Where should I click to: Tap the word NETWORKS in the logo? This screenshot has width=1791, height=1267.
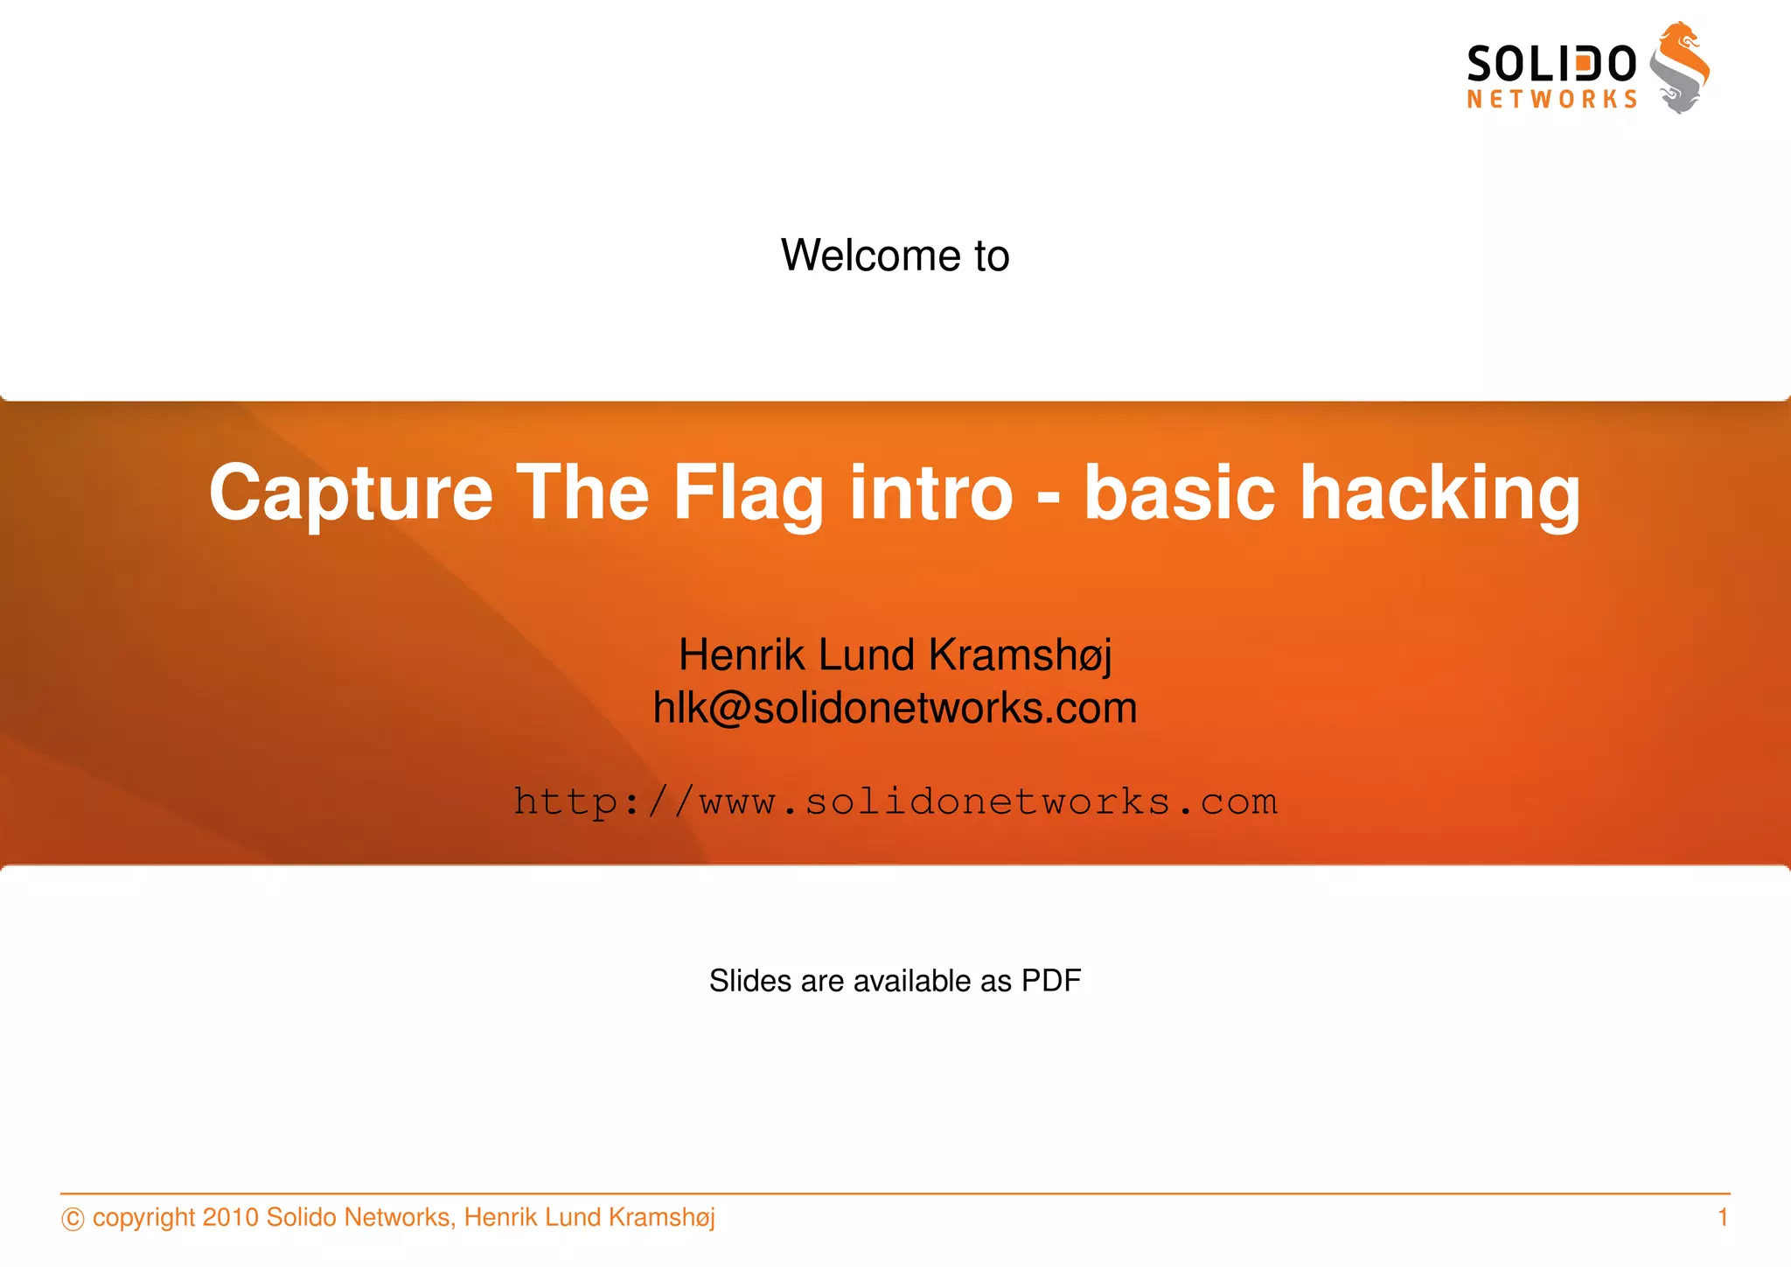click(1551, 100)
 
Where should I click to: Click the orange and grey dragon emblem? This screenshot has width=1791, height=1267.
click(1679, 68)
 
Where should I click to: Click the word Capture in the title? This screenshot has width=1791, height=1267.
click(351, 493)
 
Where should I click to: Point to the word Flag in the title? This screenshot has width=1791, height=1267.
click(748, 493)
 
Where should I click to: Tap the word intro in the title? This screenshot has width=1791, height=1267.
click(931, 493)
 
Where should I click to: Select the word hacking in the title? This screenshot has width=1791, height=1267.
click(1440, 493)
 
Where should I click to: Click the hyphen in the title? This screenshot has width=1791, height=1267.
click(1049, 499)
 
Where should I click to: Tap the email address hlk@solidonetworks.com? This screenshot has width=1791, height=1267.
click(895, 708)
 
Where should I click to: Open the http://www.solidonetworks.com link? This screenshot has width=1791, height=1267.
click(895, 801)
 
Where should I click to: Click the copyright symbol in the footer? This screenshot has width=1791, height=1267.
click(73, 1219)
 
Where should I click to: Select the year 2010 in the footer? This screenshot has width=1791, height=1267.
click(230, 1217)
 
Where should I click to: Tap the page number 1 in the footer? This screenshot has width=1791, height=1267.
click(1722, 1217)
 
